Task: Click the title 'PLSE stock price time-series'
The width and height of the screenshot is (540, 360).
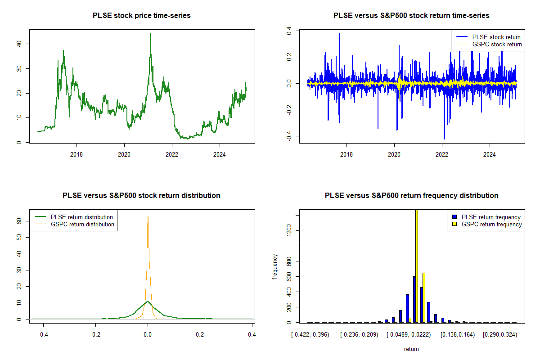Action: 141,16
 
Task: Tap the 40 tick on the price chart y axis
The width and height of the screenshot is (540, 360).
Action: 19,44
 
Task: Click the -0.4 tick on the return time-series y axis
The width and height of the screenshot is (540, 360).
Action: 289,137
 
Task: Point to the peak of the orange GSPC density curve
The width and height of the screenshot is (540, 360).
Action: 148,216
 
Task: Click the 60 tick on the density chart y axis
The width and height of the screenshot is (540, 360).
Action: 19,221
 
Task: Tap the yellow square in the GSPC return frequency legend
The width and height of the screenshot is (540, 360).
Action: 454,224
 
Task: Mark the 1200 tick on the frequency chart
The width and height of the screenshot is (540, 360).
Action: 289,231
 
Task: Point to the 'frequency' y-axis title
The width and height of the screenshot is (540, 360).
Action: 276,267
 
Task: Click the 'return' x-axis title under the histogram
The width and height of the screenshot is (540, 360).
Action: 411,349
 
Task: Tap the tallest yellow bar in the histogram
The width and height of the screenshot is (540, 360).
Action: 416,265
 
